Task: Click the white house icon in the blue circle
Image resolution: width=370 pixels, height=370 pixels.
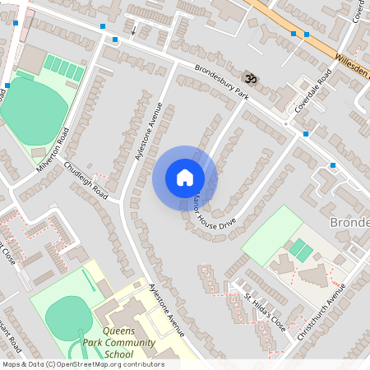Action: (185, 178)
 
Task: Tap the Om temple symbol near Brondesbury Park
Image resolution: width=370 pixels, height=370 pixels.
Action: (251, 76)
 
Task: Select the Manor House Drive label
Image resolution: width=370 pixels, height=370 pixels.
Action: (211, 211)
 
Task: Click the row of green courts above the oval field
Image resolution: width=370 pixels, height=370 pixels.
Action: (63, 67)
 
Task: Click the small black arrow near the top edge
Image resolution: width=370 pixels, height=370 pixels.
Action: (133, 30)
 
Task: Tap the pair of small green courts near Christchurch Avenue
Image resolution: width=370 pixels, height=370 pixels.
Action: (301, 250)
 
